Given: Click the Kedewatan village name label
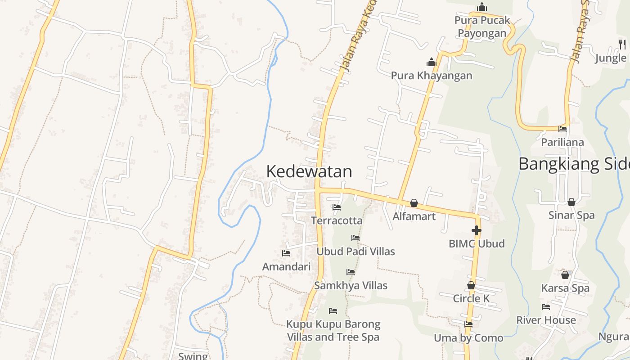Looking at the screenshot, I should [309, 171].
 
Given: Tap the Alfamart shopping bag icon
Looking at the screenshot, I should [414, 203].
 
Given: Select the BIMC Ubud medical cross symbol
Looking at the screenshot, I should [477, 231].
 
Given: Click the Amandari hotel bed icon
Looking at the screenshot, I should [286, 253].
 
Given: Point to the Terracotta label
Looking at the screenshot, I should [337, 221].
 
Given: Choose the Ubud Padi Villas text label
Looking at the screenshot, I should [355, 252].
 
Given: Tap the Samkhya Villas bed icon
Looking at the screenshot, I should [351, 272].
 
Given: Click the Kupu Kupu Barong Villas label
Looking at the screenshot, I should [333, 331].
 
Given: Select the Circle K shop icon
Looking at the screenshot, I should [471, 285].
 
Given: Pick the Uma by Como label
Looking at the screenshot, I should [468, 338].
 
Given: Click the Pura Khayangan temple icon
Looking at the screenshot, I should [432, 62].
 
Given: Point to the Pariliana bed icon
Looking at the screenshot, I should [562, 129].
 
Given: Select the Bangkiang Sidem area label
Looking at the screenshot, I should [574, 164].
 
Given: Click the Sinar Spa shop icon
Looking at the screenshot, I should [571, 202].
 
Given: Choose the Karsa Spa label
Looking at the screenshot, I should [565, 288].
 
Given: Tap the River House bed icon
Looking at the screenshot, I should [546, 307].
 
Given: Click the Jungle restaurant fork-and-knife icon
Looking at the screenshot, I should [622, 44].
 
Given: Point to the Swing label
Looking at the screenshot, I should [193, 356].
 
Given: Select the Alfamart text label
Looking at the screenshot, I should [414, 216].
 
